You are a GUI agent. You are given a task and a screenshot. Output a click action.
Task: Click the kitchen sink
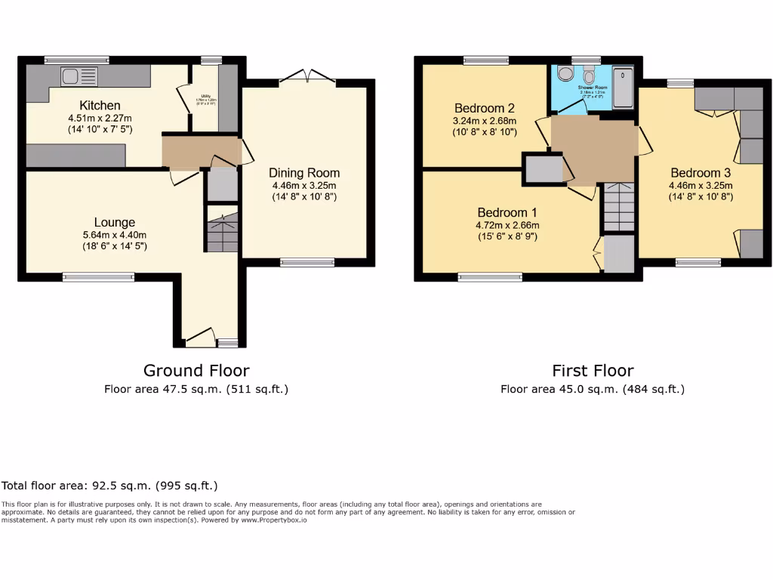point(79,76)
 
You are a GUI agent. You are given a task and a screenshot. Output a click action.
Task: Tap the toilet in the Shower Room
point(589,76)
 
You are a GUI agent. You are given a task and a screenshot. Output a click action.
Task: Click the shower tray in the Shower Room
point(624,85)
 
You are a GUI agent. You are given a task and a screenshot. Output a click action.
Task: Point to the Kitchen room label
point(100,105)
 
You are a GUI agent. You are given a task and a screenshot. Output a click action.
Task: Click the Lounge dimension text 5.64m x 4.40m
point(115,234)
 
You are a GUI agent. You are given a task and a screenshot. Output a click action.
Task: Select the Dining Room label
point(304,173)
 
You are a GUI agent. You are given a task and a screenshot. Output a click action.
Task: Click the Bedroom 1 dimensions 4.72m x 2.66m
point(507,225)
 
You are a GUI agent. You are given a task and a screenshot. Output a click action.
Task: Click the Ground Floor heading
point(196,370)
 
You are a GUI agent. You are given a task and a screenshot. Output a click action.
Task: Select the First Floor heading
point(593,370)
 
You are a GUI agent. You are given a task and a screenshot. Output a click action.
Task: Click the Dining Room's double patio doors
point(308,76)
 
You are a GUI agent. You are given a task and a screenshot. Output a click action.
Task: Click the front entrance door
point(199,338)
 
